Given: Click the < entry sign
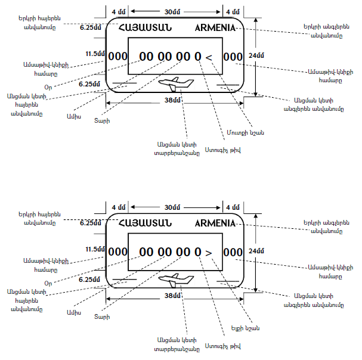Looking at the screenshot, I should click(x=209, y=57).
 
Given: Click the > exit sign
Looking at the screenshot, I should click(x=209, y=253).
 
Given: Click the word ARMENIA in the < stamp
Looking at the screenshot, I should click(x=215, y=28).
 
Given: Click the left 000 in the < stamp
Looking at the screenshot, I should click(x=117, y=57).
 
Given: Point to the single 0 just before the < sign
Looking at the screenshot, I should click(x=197, y=57).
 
